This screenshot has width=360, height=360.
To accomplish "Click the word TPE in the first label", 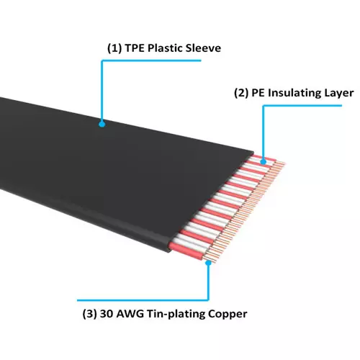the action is [135, 48].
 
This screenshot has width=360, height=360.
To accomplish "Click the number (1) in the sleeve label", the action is [114, 48].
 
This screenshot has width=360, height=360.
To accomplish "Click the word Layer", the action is [339, 94].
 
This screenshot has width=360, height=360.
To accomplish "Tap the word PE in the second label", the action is [258, 93].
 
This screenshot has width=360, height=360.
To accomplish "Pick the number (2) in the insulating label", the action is [241, 93].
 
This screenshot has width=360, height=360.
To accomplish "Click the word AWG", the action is [130, 314].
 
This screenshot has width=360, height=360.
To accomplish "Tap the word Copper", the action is [228, 315].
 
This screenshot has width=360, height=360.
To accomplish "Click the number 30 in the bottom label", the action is [107, 314].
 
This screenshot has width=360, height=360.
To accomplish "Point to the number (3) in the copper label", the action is [89, 314].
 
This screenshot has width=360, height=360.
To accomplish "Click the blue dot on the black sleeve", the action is [102, 125].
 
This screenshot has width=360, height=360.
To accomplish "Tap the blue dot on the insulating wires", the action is [264, 162].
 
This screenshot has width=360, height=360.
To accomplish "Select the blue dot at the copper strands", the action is [208, 263].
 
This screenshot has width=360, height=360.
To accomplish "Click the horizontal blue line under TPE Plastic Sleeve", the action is [151, 60].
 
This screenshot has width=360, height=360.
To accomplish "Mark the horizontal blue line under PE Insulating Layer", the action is [302, 105].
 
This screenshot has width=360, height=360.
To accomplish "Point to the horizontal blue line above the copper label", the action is [143, 300].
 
